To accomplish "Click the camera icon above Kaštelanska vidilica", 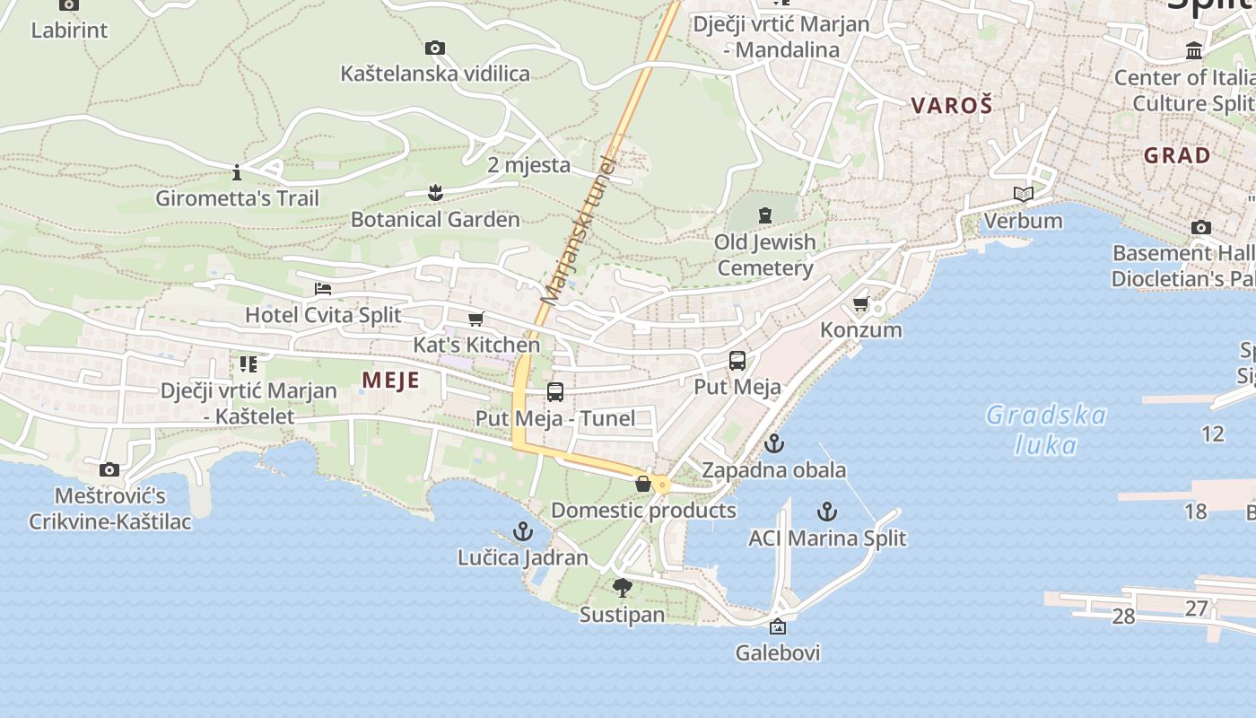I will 435,48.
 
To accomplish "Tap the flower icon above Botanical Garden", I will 435,192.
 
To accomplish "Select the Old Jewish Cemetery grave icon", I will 764,215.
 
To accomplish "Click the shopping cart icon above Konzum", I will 861,304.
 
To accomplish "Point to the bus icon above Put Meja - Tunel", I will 555,391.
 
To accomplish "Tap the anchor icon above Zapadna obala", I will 773,443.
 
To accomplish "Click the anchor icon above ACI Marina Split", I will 826,512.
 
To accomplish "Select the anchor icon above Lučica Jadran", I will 522,531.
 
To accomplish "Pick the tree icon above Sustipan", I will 622,588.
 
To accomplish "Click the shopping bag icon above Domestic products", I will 643,484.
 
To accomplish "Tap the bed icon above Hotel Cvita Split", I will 323,289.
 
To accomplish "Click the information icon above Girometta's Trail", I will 237,171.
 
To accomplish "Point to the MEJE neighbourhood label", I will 390,381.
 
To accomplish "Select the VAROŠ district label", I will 952,105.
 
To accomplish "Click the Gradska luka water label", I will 1046,429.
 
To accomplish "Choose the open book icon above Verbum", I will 1023,194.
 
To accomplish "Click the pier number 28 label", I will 1123,617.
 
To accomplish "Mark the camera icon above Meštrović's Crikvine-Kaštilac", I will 109,469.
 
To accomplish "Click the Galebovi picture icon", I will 778,626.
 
